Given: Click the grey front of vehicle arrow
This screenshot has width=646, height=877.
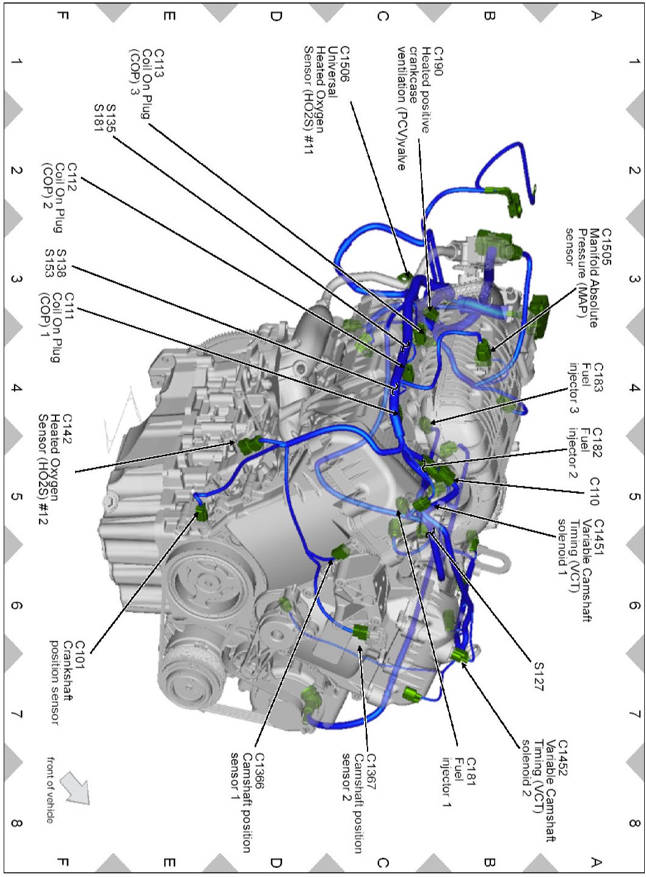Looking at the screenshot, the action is pos(76,787).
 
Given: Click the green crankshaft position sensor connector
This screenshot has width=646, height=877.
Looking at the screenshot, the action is pos(201,512).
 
